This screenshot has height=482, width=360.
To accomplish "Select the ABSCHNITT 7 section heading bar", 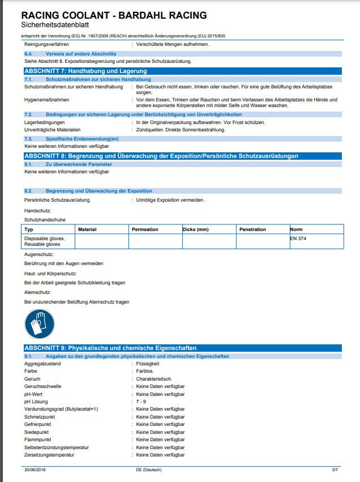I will [x=182, y=71].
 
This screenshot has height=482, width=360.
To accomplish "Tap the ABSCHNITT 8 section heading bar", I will [x=182, y=156].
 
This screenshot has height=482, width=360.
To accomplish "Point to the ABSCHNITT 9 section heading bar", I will [x=182, y=348].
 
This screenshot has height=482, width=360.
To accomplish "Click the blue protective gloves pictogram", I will [x=40, y=325].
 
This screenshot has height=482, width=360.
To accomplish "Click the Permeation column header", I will [x=145, y=229].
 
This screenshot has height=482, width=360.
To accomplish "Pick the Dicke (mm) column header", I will [x=196, y=229].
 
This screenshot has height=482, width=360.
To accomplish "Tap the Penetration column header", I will [x=252, y=229].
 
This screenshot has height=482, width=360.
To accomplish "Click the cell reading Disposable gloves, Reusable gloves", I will [x=45, y=241].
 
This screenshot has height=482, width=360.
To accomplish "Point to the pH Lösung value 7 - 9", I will [x=142, y=402].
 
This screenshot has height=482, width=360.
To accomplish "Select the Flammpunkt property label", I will [x=38, y=440].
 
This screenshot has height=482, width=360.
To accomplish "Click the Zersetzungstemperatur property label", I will [x=49, y=455].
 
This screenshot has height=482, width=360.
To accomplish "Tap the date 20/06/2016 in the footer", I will [x=36, y=470].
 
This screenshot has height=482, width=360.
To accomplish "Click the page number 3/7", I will [x=335, y=470].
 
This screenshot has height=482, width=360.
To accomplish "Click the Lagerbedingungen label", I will [x=45, y=122].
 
